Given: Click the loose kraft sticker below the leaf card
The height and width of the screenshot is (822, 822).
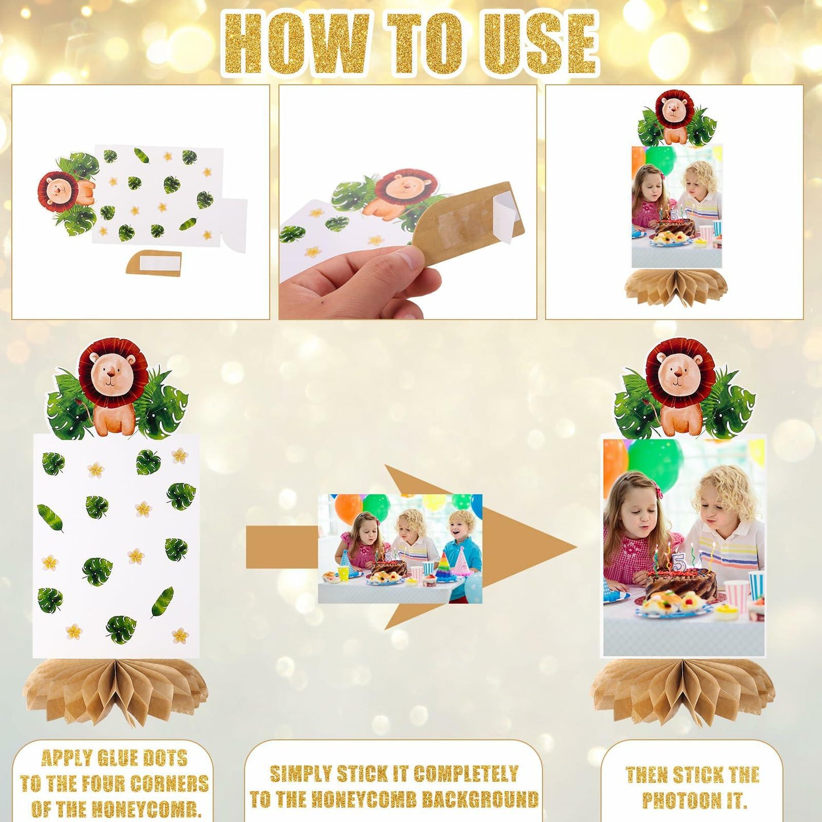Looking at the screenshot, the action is pyautogui.click(x=154, y=263).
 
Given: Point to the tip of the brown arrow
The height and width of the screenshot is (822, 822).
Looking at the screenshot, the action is pyautogui.click(x=576, y=547).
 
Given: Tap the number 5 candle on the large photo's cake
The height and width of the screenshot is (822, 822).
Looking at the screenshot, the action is pyautogui.click(x=679, y=563).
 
